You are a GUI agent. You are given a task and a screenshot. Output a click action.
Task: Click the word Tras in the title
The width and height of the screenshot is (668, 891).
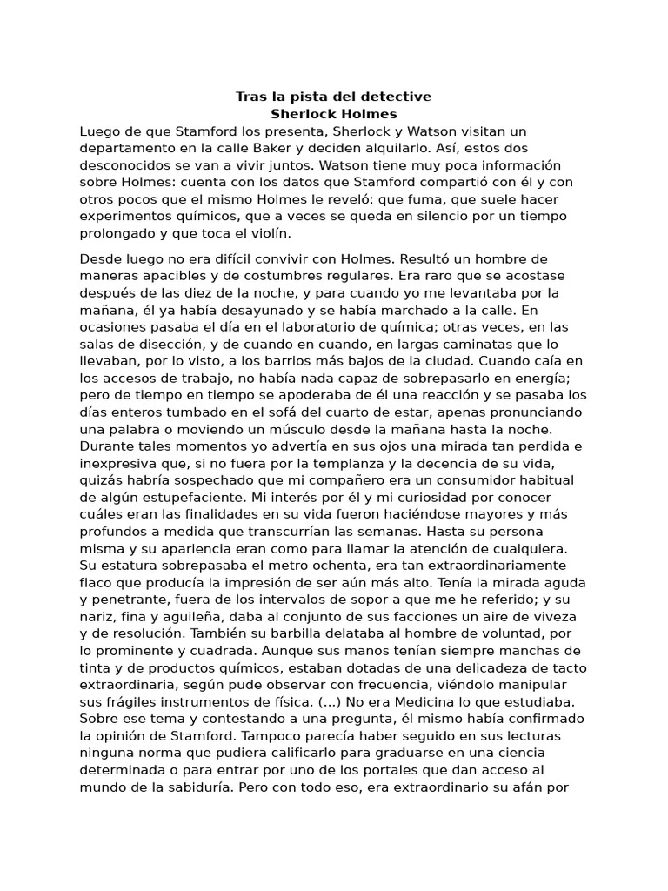tap(252, 97)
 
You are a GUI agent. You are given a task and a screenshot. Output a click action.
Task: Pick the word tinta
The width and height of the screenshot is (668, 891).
tap(97, 667)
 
